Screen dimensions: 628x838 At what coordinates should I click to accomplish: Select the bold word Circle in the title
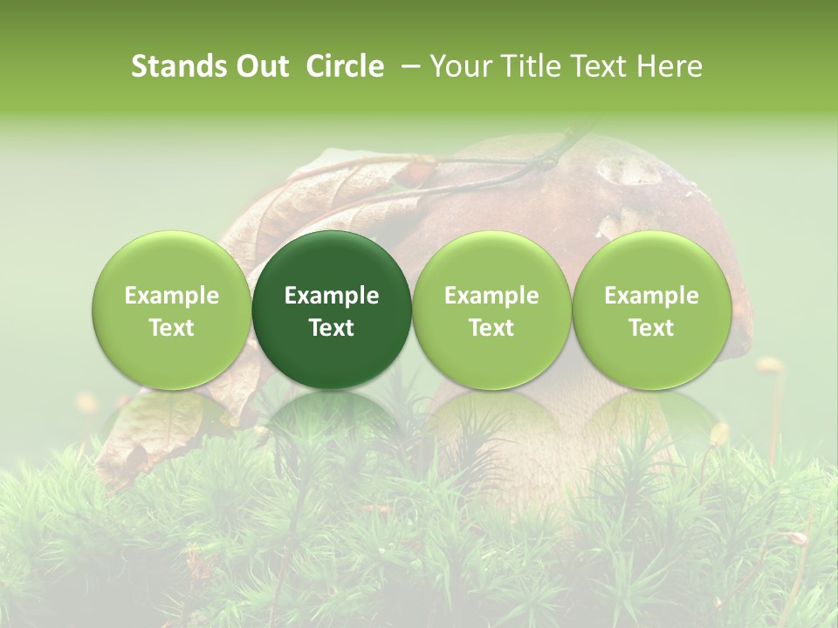point(345,66)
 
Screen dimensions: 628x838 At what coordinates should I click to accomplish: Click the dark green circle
point(332,310)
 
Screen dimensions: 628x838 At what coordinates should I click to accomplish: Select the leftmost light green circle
point(172,310)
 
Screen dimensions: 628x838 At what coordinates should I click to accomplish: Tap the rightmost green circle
point(651,310)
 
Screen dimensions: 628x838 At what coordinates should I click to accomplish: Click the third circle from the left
point(491,310)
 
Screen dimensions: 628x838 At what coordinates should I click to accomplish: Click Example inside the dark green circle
point(332,296)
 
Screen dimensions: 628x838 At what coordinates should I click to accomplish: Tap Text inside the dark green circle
point(332,328)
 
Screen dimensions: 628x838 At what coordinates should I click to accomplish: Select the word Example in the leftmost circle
point(172,296)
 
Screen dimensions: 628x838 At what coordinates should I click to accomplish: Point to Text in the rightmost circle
point(651,328)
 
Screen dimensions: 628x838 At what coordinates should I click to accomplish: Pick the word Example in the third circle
point(491,296)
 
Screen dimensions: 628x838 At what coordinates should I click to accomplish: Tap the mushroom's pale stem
point(541,454)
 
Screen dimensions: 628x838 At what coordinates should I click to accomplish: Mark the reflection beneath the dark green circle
point(332,419)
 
